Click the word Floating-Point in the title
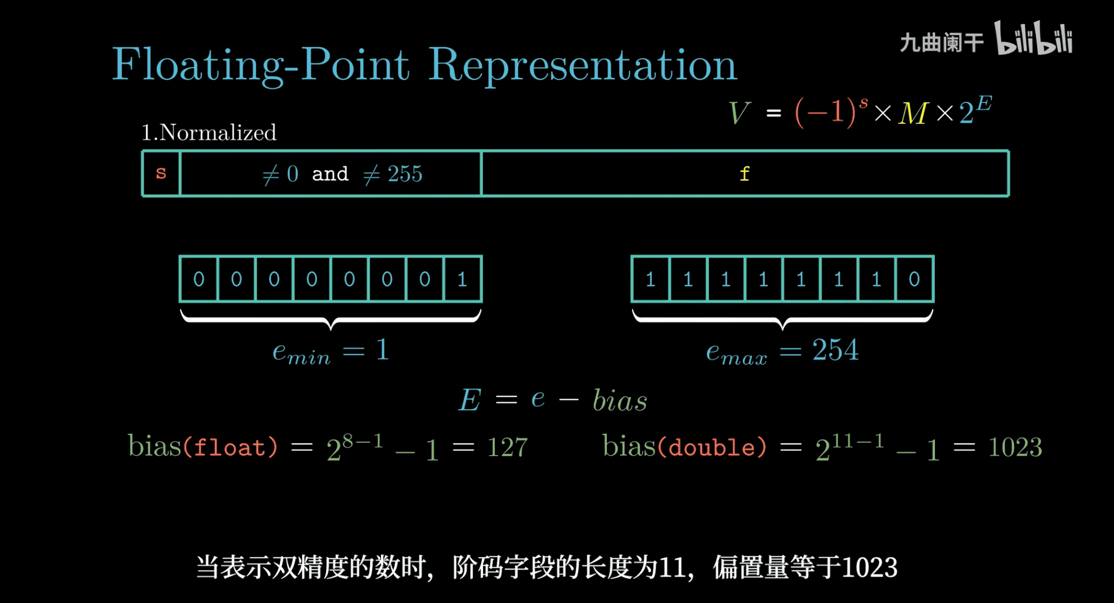(x=261, y=65)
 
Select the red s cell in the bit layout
(x=161, y=173)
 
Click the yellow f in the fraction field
(x=744, y=173)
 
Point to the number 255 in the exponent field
(x=404, y=174)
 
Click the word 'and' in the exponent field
(x=330, y=174)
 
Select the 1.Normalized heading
(x=209, y=133)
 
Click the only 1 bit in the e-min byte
(x=463, y=279)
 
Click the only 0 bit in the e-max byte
(x=914, y=279)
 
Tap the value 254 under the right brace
(x=835, y=351)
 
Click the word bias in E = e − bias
(x=620, y=400)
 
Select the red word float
(x=230, y=447)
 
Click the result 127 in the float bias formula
(x=508, y=447)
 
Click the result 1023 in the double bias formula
(x=1015, y=447)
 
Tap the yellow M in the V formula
(x=913, y=113)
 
